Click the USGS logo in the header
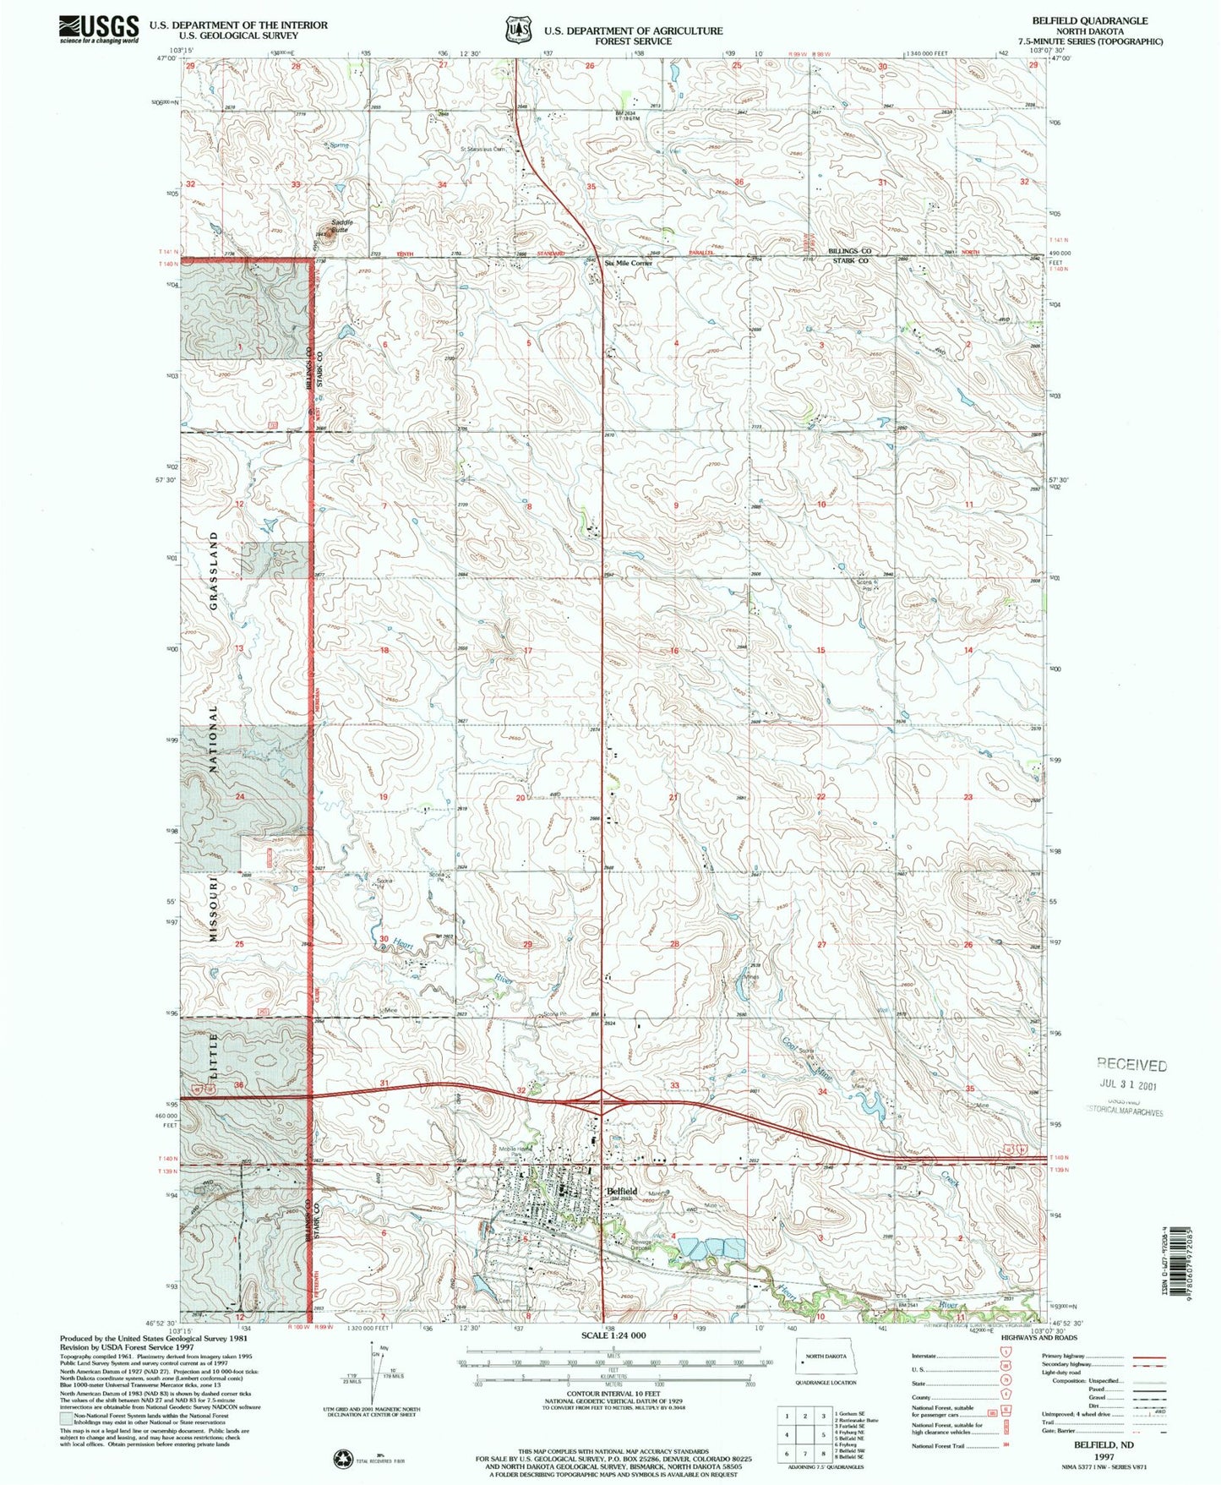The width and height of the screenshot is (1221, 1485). point(99,30)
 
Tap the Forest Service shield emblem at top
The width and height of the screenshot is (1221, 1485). point(516,30)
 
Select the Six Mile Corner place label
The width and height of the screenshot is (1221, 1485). point(629,263)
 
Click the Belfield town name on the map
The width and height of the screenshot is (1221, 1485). point(623,1191)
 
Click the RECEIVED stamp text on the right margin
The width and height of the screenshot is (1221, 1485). point(1131,1065)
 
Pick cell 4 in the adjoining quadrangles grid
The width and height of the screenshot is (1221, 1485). point(787,1434)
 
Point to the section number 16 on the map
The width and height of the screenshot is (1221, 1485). point(674,651)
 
